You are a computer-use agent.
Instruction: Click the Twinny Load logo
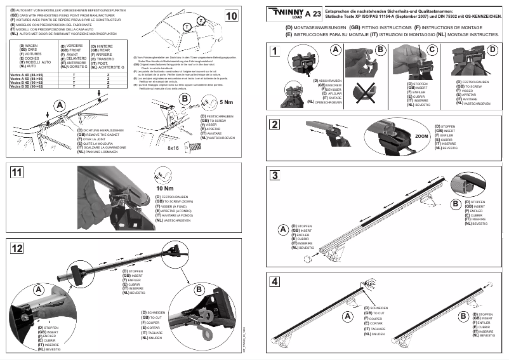click(x=288, y=12)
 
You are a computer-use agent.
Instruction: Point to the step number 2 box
click(x=274, y=124)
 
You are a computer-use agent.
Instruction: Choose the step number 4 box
click(x=274, y=281)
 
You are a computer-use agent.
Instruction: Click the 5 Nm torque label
click(x=225, y=102)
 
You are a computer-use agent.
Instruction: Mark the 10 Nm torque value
click(x=164, y=189)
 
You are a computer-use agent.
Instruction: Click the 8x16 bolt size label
click(x=173, y=147)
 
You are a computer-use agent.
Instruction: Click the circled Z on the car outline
click(x=201, y=21)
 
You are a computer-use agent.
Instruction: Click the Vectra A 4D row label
click(x=29, y=75)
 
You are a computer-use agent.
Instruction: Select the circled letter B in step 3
click(x=455, y=203)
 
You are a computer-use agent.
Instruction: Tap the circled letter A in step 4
click(x=347, y=316)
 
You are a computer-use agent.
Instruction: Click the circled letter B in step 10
click(x=185, y=99)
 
